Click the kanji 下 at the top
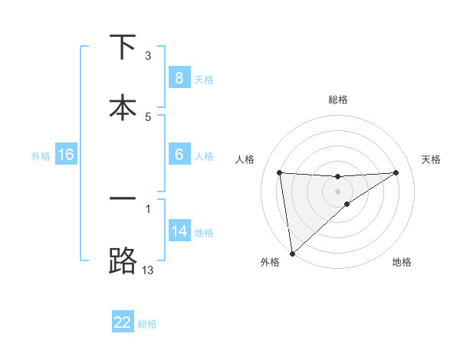(x=123, y=47)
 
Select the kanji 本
(x=123, y=107)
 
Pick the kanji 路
(x=123, y=260)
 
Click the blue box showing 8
(x=179, y=78)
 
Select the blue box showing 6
(x=179, y=155)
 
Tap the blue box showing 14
(x=179, y=231)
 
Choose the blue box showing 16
(x=66, y=155)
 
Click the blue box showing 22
(x=123, y=322)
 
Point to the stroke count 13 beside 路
(x=147, y=270)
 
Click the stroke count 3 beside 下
(x=147, y=56)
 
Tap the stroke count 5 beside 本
(x=148, y=116)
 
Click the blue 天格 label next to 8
(x=204, y=79)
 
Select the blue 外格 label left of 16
(x=41, y=155)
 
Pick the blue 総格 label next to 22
(x=147, y=323)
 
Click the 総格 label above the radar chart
(x=338, y=100)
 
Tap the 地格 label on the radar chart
(x=402, y=262)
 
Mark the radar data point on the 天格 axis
(x=396, y=172)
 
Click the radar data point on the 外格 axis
(x=291, y=253)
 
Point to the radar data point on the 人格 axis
(x=280, y=172)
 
